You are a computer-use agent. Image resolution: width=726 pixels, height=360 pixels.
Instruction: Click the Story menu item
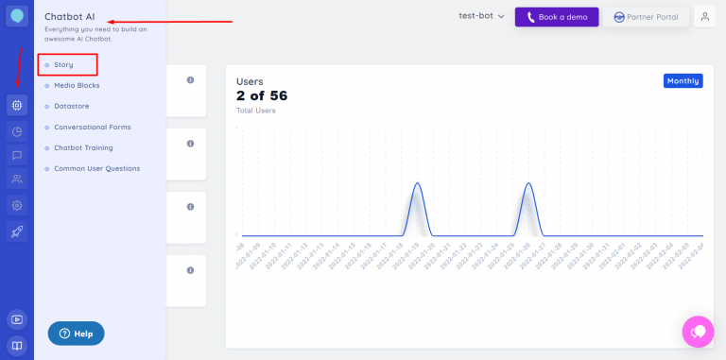pyautogui.click(x=64, y=64)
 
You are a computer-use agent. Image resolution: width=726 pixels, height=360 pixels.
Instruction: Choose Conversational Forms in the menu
pyautogui.click(x=92, y=127)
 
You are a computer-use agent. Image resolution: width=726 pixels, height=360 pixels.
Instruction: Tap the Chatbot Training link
pyautogui.click(x=83, y=147)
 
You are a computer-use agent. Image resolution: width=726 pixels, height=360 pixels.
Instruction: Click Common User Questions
pyautogui.click(x=96, y=168)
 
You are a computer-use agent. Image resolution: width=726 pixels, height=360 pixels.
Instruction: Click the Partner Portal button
pyautogui.click(x=646, y=17)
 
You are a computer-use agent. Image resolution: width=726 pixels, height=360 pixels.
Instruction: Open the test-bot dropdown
pyautogui.click(x=482, y=17)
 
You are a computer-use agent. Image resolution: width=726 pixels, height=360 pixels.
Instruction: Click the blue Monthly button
pyautogui.click(x=683, y=81)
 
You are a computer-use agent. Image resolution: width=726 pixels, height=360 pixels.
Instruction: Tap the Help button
pyautogui.click(x=76, y=334)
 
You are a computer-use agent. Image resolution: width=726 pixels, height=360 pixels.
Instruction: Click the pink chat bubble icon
pyautogui.click(x=698, y=332)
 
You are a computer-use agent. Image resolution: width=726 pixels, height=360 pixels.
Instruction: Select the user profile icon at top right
pyautogui.click(x=704, y=17)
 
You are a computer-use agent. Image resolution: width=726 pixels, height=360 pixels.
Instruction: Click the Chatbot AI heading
pyautogui.click(x=69, y=17)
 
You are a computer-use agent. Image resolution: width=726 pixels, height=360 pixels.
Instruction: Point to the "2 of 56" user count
pyautogui.click(x=262, y=95)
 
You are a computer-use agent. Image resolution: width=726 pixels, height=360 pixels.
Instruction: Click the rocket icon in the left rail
pyautogui.click(x=17, y=231)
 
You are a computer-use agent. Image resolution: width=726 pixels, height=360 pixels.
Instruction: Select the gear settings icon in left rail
pyautogui.click(x=17, y=205)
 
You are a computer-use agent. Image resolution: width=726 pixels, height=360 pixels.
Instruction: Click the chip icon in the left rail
pyautogui.click(x=17, y=105)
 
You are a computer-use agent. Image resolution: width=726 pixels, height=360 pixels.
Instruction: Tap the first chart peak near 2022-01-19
pyautogui.click(x=417, y=185)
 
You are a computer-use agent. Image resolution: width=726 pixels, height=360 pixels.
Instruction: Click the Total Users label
pyautogui.click(x=255, y=111)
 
